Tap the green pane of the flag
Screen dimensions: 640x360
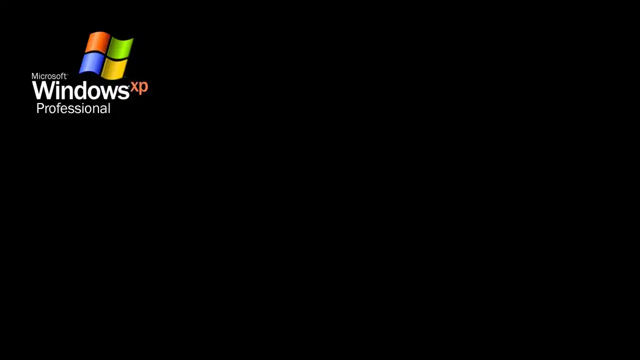click(x=120, y=48)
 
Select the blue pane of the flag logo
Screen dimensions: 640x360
click(x=91, y=63)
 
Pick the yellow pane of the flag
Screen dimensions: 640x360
click(x=114, y=69)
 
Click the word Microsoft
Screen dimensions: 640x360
click(x=49, y=76)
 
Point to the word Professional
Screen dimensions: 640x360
click(x=73, y=108)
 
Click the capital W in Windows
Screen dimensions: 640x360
click(x=43, y=90)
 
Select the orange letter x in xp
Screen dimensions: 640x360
click(x=134, y=87)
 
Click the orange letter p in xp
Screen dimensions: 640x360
click(x=143, y=88)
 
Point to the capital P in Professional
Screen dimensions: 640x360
click(x=40, y=108)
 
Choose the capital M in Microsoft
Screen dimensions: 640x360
click(x=35, y=76)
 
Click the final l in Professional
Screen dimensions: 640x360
click(x=109, y=108)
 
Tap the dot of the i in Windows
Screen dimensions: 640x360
click(x=58, y=83)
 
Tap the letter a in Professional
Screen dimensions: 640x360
click(x=103, y=109)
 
